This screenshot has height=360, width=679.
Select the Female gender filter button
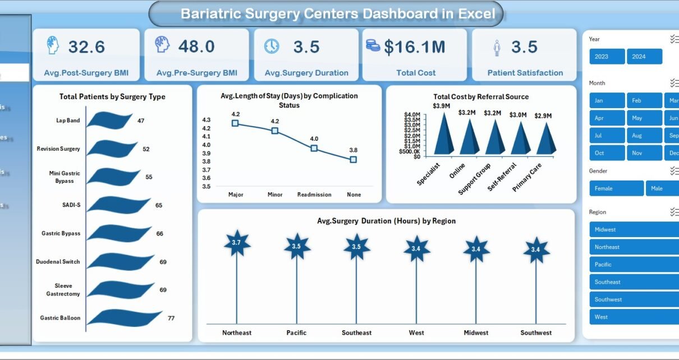pos(616,188)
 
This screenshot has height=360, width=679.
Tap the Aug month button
pos(643,135)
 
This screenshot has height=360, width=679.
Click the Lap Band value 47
pos(141,121)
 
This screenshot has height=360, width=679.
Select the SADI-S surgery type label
pos(71,205)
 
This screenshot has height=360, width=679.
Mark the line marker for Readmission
pos(314,148)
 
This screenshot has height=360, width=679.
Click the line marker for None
pos(353,159)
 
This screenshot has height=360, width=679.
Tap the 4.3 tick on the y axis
pos(207,120)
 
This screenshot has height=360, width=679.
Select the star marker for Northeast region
pos(237,243)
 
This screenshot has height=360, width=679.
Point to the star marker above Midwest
pos(476,248)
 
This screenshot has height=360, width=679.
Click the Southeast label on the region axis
pos(356,333)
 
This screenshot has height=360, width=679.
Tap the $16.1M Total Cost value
pos(415,47)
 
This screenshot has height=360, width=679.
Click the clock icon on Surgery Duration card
pos(272,46)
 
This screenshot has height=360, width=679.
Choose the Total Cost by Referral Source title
pos(481,97)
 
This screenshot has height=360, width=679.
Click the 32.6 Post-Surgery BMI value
pos(86,47)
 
